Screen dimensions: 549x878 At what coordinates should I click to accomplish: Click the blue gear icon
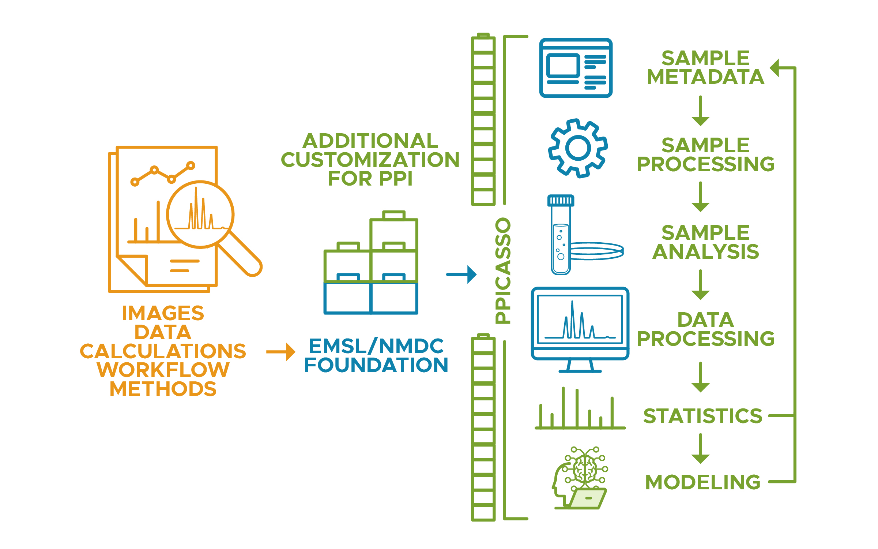[x=578, y=148]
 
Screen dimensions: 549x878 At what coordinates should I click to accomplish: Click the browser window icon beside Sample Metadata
[x=576, y=68]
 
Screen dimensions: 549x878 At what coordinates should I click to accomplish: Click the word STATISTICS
[x=702, y=416]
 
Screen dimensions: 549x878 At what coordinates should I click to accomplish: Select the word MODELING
[x=702, y=482]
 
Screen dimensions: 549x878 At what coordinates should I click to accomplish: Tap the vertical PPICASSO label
[x=502, y=271]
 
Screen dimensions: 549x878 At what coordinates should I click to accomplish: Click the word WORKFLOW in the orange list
[x=163, y=370]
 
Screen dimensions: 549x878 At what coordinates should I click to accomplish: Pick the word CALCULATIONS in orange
[x=163, y=351]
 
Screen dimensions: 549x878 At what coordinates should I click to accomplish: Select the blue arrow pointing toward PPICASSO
[x=461, y=274]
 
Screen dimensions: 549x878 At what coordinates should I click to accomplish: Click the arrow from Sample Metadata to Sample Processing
[x=700, y=111]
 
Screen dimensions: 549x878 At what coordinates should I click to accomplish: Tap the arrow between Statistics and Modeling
[x=700, y=449]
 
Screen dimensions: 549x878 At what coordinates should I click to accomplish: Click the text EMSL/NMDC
[x=376, y=346]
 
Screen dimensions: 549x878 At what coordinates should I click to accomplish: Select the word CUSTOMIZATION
[x=370, y=160]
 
